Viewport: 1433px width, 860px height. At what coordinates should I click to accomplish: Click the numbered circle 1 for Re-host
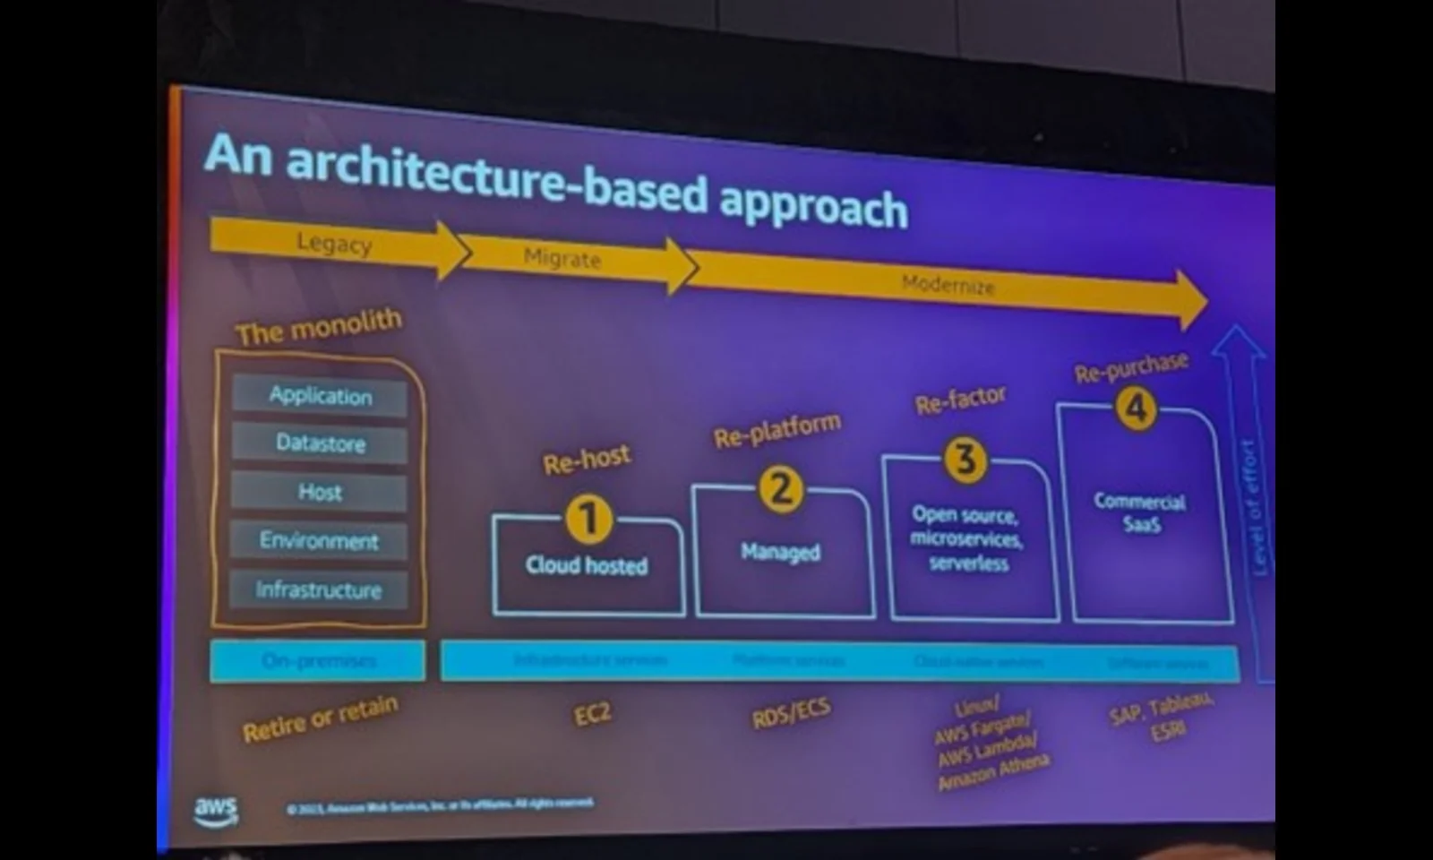click(x=588, y=519)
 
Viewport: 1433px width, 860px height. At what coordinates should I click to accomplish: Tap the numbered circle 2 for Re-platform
click(x=781, y=489)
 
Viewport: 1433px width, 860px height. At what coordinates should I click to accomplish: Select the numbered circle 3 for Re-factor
click(x=965, y=460)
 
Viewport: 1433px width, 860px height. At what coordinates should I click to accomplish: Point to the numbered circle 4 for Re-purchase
click(x=1136, y=409)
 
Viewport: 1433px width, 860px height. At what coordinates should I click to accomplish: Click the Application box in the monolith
click(x=320, y=395)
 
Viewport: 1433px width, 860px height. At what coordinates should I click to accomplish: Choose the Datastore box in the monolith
click(x=320, y=443)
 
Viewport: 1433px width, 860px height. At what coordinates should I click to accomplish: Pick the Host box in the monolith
click(x=320, y=492)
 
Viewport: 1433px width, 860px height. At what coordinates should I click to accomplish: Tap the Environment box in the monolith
click(x=319, y=540)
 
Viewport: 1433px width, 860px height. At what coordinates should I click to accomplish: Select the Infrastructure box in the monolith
click(x=319, y=589)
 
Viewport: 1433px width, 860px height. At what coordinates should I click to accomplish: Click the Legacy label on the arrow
click(x=334, y=243)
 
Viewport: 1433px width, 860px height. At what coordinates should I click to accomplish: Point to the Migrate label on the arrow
click(x=562, y=258)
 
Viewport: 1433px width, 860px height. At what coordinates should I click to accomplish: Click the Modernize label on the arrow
click(x=948, y=285)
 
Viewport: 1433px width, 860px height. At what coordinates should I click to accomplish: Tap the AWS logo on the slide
click(x=216, y=810)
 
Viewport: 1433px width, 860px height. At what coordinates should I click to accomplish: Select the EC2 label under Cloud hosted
click(x=592, y=714)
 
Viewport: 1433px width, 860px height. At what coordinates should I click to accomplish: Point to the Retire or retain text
click(x=320, y=718)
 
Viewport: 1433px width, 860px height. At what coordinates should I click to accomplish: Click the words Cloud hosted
click(x=587, y=565)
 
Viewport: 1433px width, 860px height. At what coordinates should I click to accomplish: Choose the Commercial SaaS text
click(x=1140, y=512)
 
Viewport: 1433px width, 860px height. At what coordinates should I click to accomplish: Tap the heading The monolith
click(x=319, y=327)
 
